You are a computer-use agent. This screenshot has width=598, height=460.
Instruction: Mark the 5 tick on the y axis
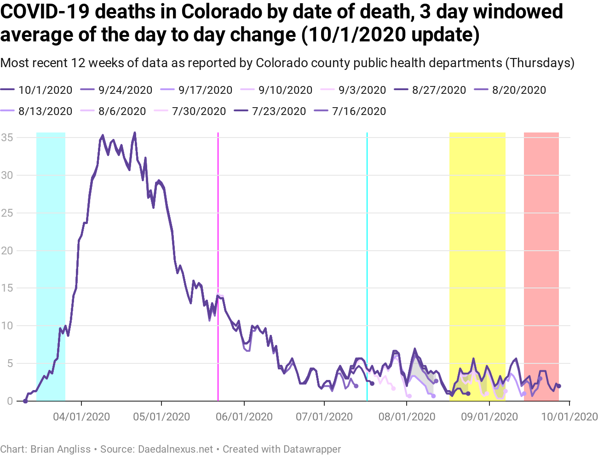click(x=9, y=363)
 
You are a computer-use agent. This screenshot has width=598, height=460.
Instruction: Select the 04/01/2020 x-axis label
click(x=81, y=417)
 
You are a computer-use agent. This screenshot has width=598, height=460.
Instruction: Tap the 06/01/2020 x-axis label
click(x=244, y=417)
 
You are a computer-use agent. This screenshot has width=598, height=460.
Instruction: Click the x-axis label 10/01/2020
click(x=569, y=417)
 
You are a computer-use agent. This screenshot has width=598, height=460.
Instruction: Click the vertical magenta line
click(x=218, y=230)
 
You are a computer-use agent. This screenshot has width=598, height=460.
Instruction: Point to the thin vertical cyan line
click(x=367, y=230)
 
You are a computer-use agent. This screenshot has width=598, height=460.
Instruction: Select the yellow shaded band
click(x=477, y=230)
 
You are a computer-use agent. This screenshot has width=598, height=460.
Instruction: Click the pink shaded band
click(x=541, y=230)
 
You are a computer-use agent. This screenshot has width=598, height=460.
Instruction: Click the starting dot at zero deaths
click(x=25, y=401)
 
